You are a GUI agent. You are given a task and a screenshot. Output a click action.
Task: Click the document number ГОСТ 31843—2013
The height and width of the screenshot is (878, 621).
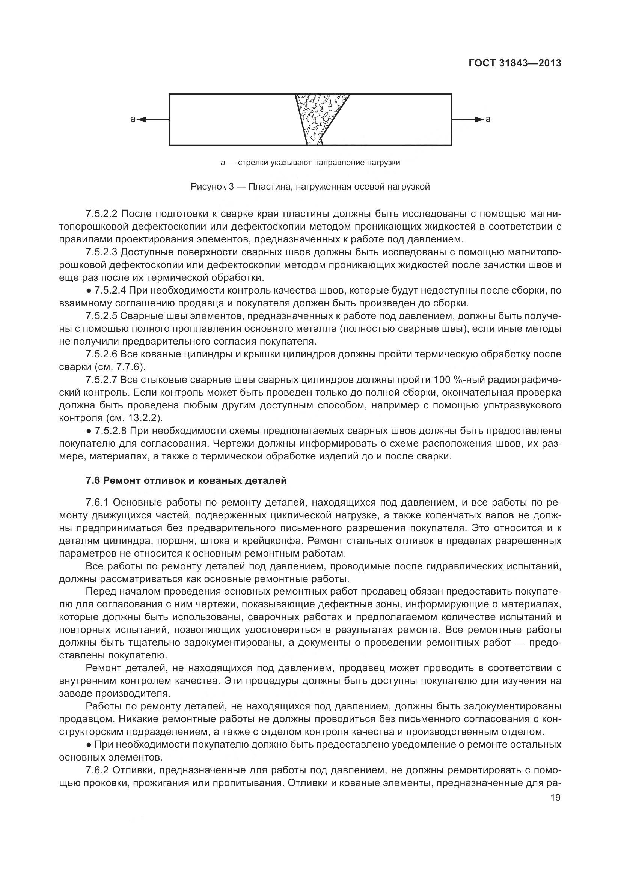click(x=515, y=63)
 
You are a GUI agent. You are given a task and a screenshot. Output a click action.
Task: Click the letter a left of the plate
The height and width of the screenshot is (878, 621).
click(x=133, y=119)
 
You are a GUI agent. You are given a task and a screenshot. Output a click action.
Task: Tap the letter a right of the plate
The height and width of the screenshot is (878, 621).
click(x=488, y=119)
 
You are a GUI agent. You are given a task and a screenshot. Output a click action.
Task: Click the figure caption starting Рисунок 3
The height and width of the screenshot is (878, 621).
click(x=310, y=187)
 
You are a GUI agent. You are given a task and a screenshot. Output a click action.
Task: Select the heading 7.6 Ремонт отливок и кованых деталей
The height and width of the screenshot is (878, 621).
click(x=186, y=481)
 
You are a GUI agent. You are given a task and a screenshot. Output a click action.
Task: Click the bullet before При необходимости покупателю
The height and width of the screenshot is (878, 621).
click(x=89, y=745)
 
